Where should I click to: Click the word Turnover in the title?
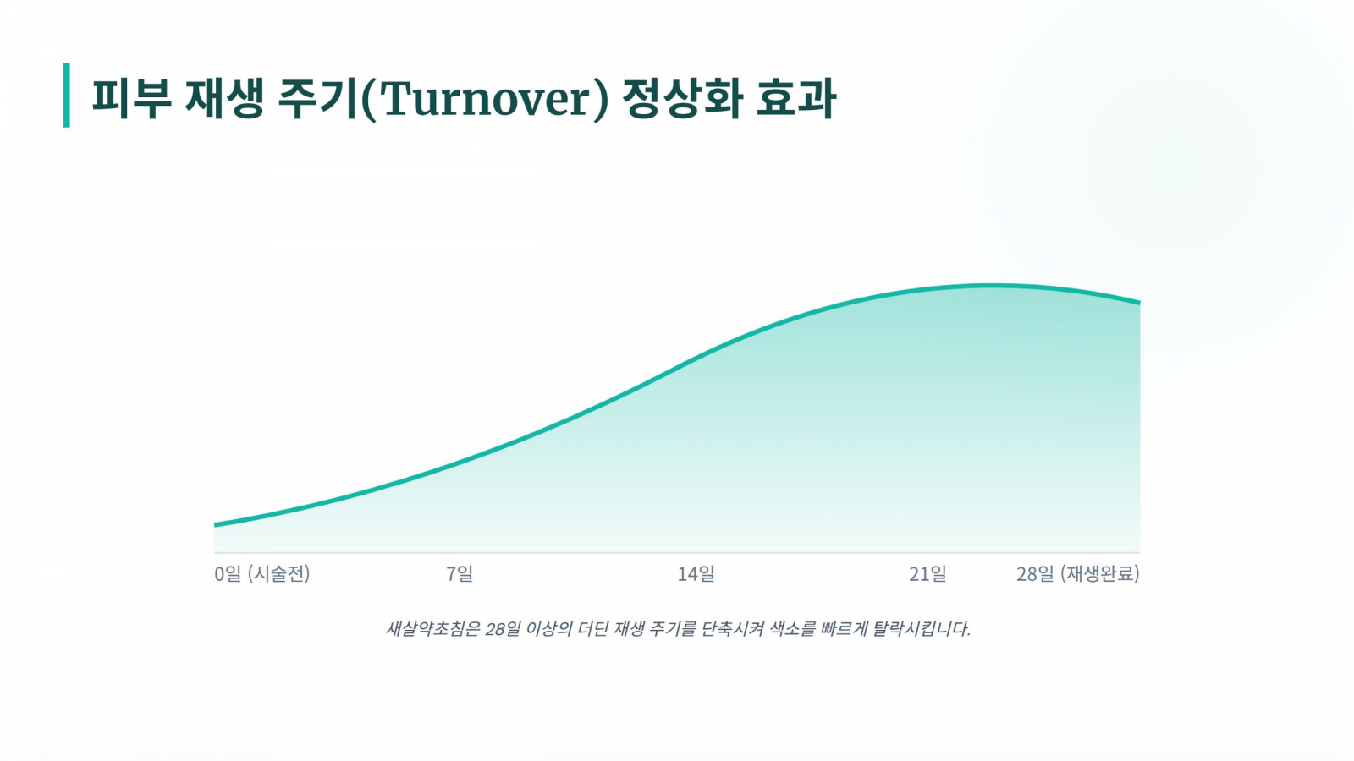[x=484, y=99]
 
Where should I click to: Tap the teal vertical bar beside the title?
[x=67, y=95]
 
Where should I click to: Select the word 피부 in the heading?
[x=131, y=98]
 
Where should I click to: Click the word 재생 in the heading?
[x=224, y=98]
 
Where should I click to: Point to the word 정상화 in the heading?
[x=681, y=98]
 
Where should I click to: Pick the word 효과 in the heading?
[x=796, y=98]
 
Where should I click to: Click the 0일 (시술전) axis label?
[x=262, y=573]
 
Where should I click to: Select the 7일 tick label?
[x=460, y=573]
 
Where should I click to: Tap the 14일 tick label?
[x=696, y=573]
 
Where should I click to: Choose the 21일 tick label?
[x=927, y=573]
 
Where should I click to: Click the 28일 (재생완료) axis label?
[x=1078, y=573]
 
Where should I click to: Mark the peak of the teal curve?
[x=991, y=285]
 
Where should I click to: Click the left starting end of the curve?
[x=215, y=525]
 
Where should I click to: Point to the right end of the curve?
[x=1139, y=302]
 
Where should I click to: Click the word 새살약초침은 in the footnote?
[x=432, y=629]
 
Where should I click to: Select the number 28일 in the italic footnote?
[x=503, y=629]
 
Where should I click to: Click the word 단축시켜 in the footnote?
[x=733, y=629]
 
